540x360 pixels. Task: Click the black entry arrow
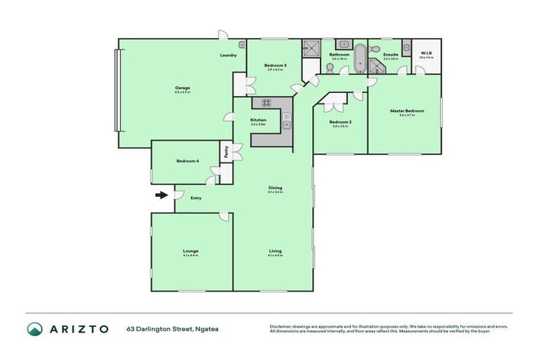(162, 195)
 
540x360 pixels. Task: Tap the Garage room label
(183, 88)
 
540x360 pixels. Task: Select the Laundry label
(228, 55)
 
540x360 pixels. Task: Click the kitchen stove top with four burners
(267, 103)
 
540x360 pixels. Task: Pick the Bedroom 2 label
(340, 122)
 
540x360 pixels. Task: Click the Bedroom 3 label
(276, 65)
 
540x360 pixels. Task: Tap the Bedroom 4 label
(187, 161)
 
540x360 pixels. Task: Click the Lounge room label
(191, 251)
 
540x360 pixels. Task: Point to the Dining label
(275, 187)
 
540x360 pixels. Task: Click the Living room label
(275, 251)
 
